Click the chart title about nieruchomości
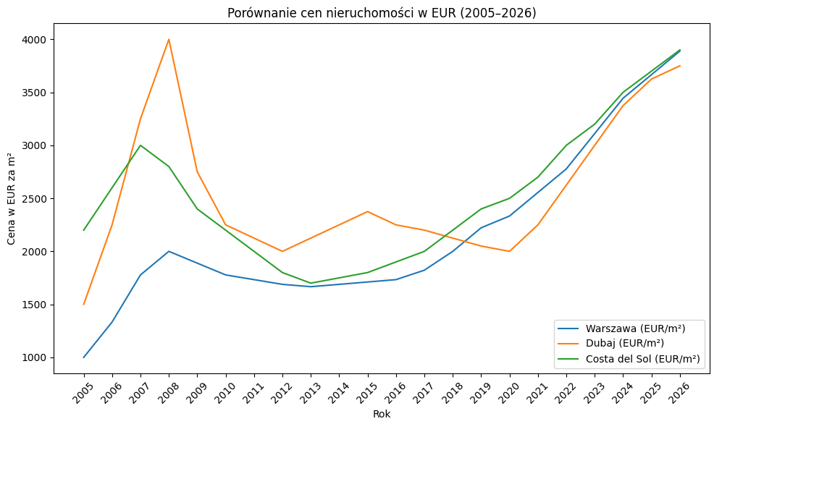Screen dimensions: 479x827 click(x=382, y=13)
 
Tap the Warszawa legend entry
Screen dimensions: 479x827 click(x=635, y=328)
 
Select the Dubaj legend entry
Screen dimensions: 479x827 click(x=624, y=344)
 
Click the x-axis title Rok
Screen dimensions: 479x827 click(x=382, y=415)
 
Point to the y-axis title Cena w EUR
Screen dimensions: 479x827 click(x=12, y=198)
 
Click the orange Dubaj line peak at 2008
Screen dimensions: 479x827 click(x=169, y=39)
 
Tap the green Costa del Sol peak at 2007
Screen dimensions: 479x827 click(x=140, y=145)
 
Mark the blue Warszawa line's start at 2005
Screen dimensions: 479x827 click(x=84, y=357)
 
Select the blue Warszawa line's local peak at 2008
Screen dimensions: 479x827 click(x=169, y=251)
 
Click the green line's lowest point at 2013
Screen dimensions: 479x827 click(x=311, y=283)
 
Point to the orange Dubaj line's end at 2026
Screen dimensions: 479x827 click(x=680, y=66)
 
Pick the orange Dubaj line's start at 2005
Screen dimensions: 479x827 click(x=84, y=305)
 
